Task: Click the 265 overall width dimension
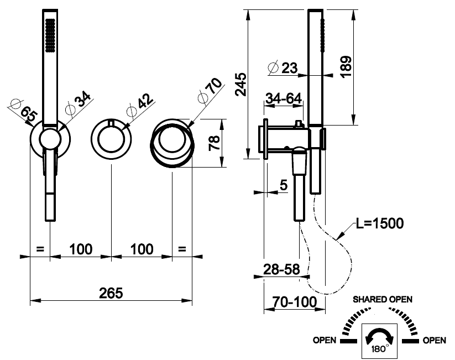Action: pyautogui.click(x=111, y=291)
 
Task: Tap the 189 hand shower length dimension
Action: pyautogui.click(x=345, y=67)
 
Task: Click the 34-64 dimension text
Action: pyautogui.click(x=284, y=98)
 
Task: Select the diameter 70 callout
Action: pyautogui.click(x=210, y=90)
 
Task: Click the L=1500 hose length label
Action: pyautogui.click(x=380, y=223)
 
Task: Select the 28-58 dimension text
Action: pyautogui.click(x=281, y=270)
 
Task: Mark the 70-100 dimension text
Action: pyautogui.click(x=295, y=302)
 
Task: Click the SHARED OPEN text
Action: pyautogui.click(x=383, y=299)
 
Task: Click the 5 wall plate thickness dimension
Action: pyautogui.click(x=284, y=185)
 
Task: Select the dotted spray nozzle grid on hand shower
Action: pyautogui.click(x=50, y=36)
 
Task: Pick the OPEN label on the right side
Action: pyautogui.click(x=434, y=341)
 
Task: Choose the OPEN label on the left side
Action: pyautogui.click(x=325, y=341)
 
